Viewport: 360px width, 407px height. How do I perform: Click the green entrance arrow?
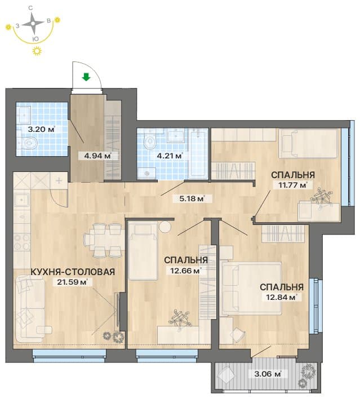pos(86,77)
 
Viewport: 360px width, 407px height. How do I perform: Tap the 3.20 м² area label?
pos(42,129)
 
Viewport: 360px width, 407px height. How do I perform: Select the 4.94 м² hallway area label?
pos(97,156)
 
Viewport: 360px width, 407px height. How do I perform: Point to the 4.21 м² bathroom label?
pos(170,156)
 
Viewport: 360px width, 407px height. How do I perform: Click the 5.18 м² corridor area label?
pos(191,199)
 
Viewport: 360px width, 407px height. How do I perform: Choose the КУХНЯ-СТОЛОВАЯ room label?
pos(73,272)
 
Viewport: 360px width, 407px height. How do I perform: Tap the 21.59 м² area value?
pos(72,282)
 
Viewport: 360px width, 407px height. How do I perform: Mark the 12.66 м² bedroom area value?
pos(186,271)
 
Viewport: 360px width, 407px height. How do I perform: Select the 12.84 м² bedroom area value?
pos(282,297)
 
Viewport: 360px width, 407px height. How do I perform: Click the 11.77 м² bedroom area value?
pos(291,185)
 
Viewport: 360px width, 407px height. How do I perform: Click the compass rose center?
pos(33,24)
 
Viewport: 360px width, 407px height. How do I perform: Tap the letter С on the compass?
pos(30,8)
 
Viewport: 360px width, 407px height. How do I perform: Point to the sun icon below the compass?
pos(37,51)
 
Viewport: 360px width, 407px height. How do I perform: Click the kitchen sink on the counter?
pos(22,200)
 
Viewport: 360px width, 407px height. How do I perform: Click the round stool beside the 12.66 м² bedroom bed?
pos(165,227)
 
